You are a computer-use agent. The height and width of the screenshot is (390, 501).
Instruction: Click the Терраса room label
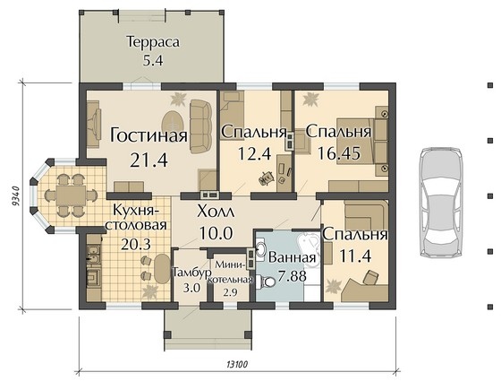pos(153,42)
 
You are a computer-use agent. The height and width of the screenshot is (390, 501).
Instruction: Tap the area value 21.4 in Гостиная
pos(149,160)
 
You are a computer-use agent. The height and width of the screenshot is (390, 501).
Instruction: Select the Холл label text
pos(216,212)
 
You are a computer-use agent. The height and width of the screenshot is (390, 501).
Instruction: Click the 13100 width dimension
pos(237,364)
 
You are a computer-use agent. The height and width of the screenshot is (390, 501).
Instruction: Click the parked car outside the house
pos(441,202)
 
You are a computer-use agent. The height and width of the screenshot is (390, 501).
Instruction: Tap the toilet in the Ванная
pos(267,282)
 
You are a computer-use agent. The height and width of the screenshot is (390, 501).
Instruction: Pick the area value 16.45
pos(339,153)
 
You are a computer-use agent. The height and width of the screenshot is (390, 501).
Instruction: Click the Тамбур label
pos(191,273)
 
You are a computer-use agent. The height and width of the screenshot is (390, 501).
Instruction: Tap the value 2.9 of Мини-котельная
pos(230,292)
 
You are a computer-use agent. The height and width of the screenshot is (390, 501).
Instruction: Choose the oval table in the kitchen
pos(163,268)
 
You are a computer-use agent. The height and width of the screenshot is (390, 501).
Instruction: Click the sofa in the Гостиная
pos(201,126)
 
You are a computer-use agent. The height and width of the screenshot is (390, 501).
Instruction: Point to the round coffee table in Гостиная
pos(174,122)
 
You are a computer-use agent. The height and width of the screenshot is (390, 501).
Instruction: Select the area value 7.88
pos(292,276)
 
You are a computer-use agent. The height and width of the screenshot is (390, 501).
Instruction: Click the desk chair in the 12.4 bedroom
pos(267,178)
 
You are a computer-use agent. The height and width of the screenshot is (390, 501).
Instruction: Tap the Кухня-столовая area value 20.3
pos(136,245)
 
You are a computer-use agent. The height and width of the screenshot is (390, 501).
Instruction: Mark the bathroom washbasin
pos(260,247)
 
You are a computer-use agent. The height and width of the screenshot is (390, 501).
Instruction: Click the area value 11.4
pos(355,256)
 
